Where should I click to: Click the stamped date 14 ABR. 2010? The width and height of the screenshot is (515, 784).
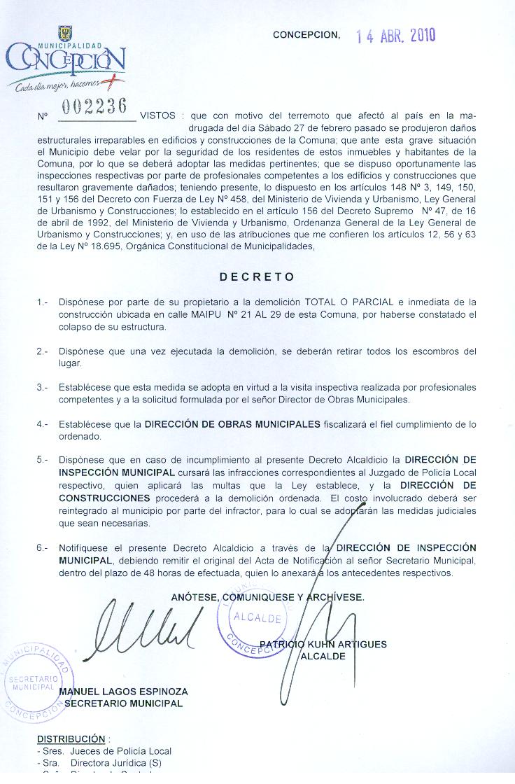[396, 36]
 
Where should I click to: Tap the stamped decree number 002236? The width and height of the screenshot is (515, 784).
[94, 106]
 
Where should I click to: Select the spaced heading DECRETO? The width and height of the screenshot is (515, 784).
[257, 277]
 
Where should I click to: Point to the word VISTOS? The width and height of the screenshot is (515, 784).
[158, 115]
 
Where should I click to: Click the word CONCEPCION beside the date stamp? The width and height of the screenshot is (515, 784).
[306, 34]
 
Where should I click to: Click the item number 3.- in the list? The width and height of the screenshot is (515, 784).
[43, 387]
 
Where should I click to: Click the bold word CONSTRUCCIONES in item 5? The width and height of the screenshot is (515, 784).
[104, 498]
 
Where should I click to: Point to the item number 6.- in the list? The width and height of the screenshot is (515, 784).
[43, 547]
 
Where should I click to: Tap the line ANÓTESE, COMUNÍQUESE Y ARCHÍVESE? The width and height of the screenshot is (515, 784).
[267, 597]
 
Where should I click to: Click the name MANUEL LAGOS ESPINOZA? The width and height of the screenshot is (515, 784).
[124, 691]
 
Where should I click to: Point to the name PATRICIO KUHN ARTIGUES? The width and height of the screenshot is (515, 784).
[323, 644]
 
